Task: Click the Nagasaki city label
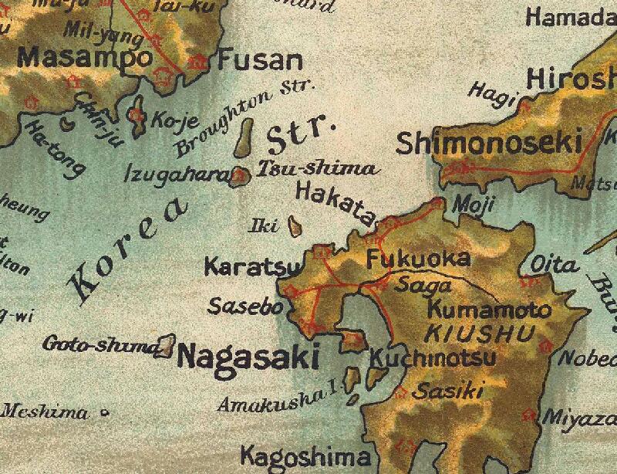(248, 357)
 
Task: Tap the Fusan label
(259, 60)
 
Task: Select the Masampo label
(85, 57)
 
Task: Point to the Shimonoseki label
(489, 143)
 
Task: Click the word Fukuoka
(417, 259)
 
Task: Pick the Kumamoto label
(489, 310)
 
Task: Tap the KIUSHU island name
(480, 334)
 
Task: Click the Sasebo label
(247, 306)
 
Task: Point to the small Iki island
(294, 226)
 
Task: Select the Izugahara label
(177, 175)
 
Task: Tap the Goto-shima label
(100, 344)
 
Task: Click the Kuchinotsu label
(433, 360)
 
